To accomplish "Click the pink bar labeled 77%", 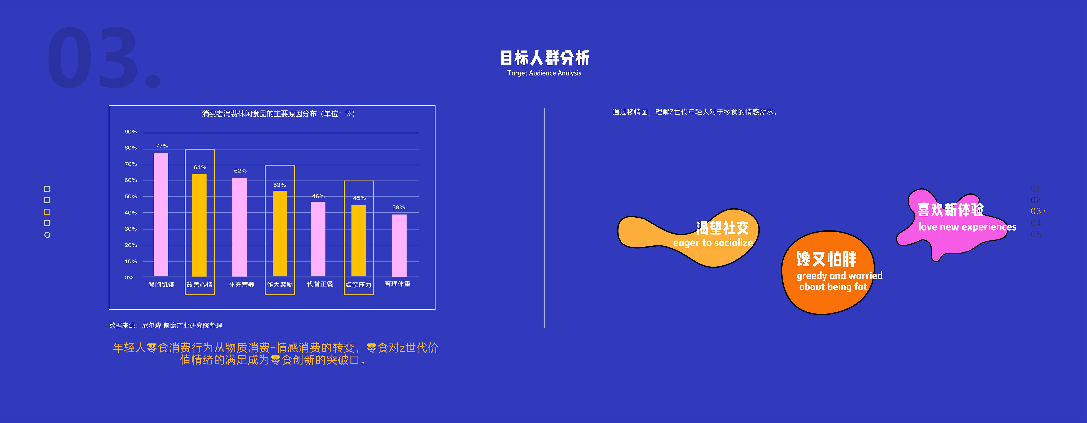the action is (x=161, y=214).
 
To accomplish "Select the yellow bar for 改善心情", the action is (x=199, y=225).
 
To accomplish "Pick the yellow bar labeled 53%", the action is (x=280, y=233).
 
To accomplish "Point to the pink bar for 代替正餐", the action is (x=318, y=239).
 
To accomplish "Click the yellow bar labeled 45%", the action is (x=359, y=240).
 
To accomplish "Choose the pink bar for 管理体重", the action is (x=399, y=245).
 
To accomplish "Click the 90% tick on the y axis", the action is (x=131, y=132).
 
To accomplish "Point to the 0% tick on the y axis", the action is (x=129, y=277).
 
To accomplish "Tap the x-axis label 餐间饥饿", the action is (x=161, y=285).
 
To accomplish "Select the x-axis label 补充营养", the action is (x=241, y=285).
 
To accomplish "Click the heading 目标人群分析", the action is (x=544, y=58).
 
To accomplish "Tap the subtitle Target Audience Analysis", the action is (x=544, y=73).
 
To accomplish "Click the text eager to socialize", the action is (x=713, y=243).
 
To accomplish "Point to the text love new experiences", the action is (x=967, y=227).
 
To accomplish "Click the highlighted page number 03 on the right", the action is (x=1036, y=211).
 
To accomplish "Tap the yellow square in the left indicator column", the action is (x=47, y=212).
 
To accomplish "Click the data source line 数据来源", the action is (x=165, y=326).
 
